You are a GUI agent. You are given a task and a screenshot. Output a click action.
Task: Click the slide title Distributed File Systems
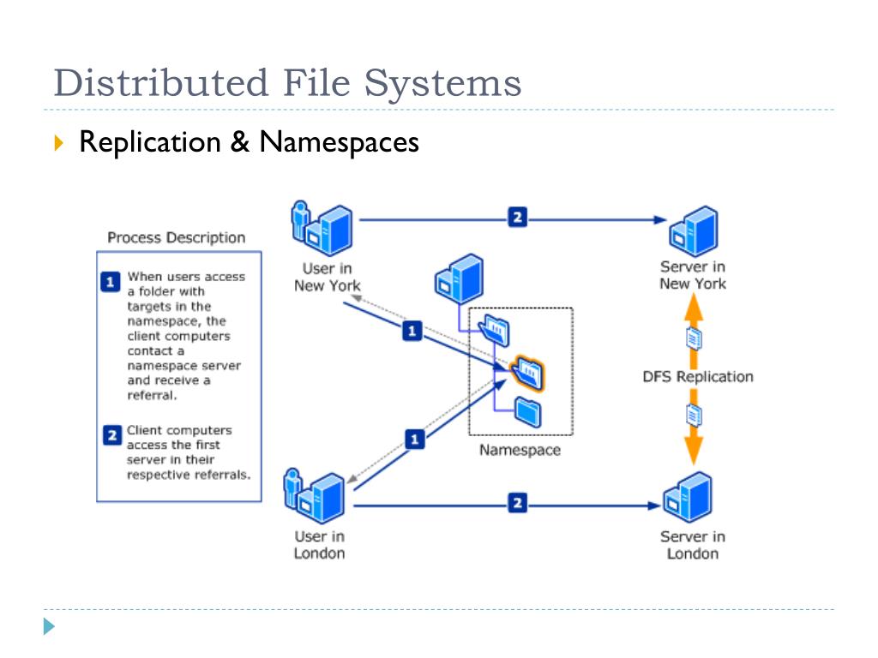pyautogui.click(x=286, y=84)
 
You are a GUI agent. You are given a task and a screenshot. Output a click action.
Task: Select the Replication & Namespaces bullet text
pyautogui.click(x=249, y=141)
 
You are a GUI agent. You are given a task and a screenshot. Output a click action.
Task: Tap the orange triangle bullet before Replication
pyautogui.click(x=58, y=142)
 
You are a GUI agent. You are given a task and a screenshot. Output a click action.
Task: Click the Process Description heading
pyautogui.click(x=176, y=237)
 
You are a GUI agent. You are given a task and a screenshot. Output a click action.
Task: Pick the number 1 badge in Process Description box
pyautogui.click(x=110, y=283)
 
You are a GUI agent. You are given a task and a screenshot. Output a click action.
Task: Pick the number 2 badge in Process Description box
pyautogui.click(x=111, y=436)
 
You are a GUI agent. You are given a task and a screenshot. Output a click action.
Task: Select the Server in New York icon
pyautogui.click(x=693, y=230)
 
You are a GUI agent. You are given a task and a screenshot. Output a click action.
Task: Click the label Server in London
pyautogui.click(x=692, y=545)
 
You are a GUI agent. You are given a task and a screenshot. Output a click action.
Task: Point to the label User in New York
pyautogui.click(x=327, y=277)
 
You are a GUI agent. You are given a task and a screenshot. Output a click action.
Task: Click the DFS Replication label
pyautogui.click(x=698, y=376)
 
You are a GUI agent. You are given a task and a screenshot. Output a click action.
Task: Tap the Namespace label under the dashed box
pyautogui.click(x=520, y=451)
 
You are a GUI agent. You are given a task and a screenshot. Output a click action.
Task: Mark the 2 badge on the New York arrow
pyautogui.click(x=516, y=217)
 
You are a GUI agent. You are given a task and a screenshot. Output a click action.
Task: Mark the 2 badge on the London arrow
pyautogui.click(x=516, y=503)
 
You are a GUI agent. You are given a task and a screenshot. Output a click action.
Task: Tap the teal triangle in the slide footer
pyautogui.click(x=50, y=626)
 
